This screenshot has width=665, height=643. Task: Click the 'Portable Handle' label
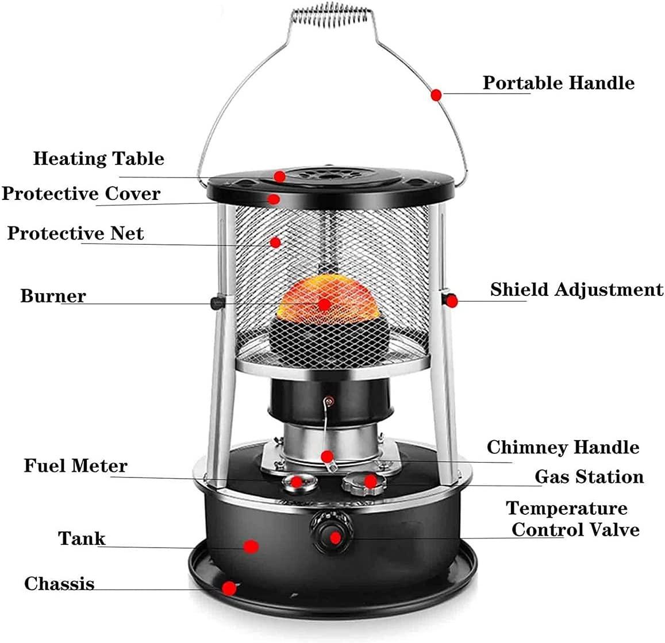pos(558,83)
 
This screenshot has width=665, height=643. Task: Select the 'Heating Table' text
pos(98,159)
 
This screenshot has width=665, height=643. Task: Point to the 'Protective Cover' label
pos(81,194)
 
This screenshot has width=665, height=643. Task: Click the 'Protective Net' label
pos(75,234)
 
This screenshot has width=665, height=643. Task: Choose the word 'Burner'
pos(53,296)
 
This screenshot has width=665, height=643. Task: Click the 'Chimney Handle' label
pos(563,447)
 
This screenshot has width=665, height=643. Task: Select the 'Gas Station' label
pos(589,477)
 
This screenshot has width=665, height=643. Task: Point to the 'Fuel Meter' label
pos(75,465)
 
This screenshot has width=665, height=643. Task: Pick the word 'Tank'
pos(82,539)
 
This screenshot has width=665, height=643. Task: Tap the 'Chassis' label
pos(59,584)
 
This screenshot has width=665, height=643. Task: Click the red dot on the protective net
pos(276,242)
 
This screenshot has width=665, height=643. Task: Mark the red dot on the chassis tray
pos(229,588)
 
